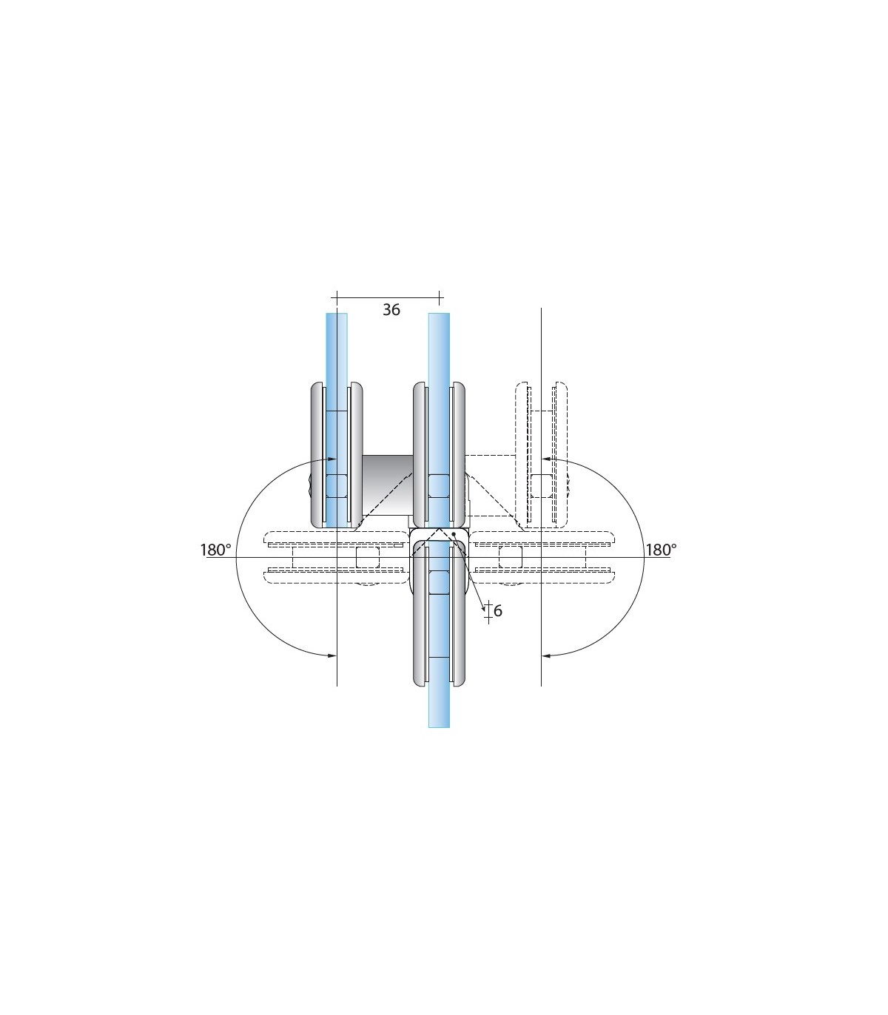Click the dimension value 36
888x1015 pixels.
click(391, 309)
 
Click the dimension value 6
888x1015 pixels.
click(497, 610)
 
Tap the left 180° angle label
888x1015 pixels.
click(215, 550)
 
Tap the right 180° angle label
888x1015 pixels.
click(661, 550)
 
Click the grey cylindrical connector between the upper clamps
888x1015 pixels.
click(387, 485)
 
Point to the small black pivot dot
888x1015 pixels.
click(454, 534)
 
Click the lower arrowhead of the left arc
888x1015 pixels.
click(332, 655)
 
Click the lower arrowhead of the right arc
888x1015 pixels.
click(545, 655)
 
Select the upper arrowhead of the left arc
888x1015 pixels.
click(332, 459)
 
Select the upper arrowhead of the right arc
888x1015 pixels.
click(545, 459)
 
